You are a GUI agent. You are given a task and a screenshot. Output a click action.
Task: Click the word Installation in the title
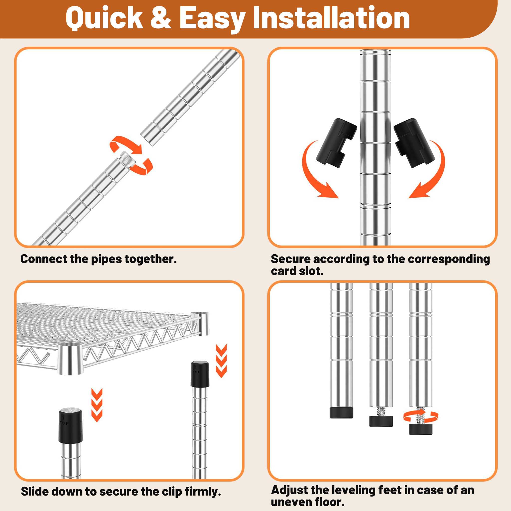click(331, 18)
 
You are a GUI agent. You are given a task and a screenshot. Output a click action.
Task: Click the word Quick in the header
click(104, 18)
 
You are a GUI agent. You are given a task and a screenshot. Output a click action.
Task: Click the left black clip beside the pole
click(336, 143)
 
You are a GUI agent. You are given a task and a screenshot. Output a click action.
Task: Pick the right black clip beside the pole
click(414, 143)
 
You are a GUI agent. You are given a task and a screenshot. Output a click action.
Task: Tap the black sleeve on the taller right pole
click(200, 374)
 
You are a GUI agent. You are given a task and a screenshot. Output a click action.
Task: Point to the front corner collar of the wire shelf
click(70, 359)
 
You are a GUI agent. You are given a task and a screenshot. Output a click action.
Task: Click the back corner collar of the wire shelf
click(200, 323)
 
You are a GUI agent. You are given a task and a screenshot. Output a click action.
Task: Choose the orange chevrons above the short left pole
click(97, 405)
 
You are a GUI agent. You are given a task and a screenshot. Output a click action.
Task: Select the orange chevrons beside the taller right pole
click(221, 361)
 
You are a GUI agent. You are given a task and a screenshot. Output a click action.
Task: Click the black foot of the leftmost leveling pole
click(341, 413)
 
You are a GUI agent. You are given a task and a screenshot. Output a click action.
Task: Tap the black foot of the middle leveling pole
click(381, 421)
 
